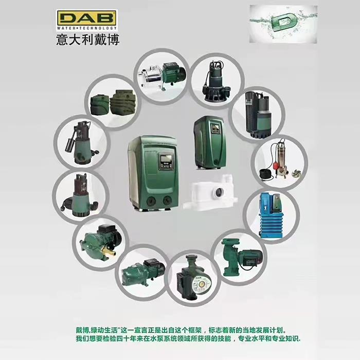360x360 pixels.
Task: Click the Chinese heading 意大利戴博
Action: (88, 40)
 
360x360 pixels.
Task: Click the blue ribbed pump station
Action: (271, 215)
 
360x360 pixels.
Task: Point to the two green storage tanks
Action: (113, 103)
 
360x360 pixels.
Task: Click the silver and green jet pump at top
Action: (162, 75)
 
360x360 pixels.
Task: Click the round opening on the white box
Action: (219, 191)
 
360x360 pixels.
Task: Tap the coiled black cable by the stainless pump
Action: (266, 174)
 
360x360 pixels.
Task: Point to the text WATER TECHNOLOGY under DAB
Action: (87, 28)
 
